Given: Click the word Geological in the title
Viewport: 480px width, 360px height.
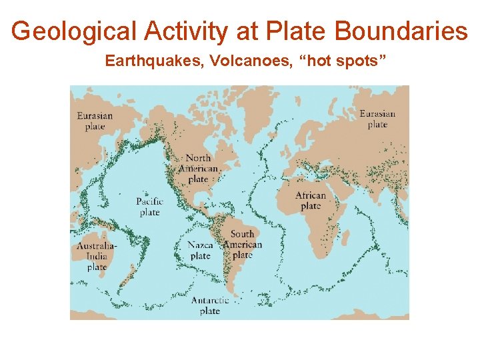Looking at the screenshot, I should point(71,31).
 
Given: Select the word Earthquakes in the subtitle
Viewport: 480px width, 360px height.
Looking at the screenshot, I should point(154,61).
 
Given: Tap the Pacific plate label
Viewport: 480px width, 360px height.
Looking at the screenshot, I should point(149,207).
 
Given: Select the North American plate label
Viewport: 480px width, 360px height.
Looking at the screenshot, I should point(199,168).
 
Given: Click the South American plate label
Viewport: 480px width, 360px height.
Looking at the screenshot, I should point(243,244).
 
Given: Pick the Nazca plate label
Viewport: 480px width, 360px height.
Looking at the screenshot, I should point(200,251).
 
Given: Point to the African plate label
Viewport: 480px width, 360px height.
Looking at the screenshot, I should point(311,201).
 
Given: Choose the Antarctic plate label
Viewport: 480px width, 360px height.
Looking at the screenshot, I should point(210,305).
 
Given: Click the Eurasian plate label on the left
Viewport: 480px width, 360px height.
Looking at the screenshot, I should point(95,121).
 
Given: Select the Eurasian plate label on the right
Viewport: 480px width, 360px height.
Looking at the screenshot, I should point(377,119).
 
